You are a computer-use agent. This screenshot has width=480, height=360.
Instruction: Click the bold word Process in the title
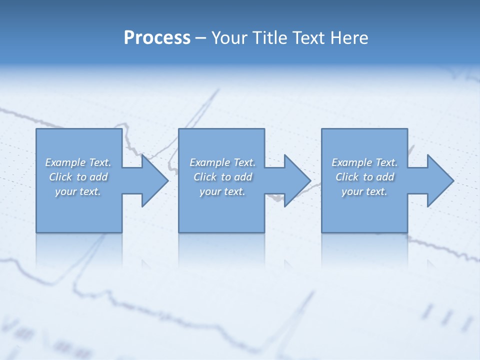click(157, 38)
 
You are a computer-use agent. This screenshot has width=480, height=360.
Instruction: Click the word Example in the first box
click(65, 162)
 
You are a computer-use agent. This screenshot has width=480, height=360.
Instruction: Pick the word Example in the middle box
click(209, 162)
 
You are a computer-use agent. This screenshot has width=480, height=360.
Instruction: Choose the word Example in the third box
click(351, 162)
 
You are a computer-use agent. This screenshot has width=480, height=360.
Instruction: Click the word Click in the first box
click(61, 177)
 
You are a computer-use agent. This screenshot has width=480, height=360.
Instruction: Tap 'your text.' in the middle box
click(222, 191)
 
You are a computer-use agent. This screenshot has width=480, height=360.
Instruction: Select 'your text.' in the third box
click(364, 191)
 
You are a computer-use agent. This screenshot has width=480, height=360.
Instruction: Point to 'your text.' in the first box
click(78, 191)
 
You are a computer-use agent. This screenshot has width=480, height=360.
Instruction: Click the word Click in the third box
click(347, 177)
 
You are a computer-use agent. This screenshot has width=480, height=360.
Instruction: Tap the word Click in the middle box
click(205, 177)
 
